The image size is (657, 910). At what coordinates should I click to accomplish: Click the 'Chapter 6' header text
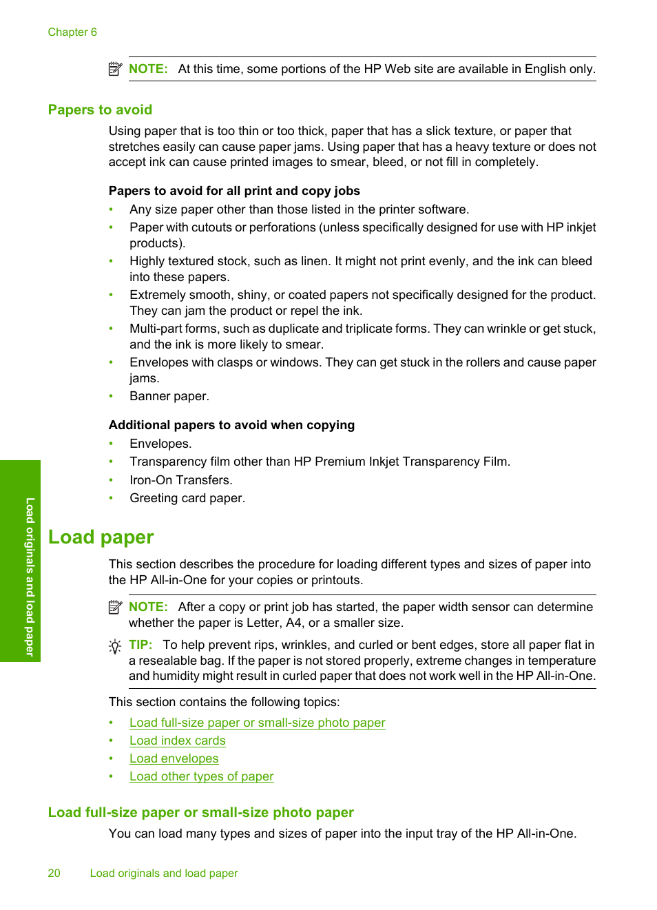[x=72, y=32]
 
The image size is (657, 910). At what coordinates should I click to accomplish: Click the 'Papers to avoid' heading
[x=100, y=110]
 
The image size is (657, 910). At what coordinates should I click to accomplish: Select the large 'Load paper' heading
[x=101, y=537]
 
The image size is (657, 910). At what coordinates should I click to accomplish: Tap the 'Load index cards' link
[x=177, y=741]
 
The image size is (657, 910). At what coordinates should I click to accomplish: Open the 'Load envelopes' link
[x=174, y=758]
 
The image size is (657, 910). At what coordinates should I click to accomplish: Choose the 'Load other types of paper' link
[x=201, y=776]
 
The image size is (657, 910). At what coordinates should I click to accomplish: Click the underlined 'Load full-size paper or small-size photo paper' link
[x=257, y=723]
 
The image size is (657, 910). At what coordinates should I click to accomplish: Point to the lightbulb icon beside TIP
[x=115, y=646]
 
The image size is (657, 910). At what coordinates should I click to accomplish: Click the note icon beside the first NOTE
[x=115, y=69]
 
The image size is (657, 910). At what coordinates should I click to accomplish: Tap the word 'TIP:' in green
[x=140, y=645]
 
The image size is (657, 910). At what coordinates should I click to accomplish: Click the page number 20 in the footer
[x=54, y=873]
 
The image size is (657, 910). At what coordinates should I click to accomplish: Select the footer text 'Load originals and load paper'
[x=164, y=873]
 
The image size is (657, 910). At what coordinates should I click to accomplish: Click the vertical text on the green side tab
[x=30, y=577]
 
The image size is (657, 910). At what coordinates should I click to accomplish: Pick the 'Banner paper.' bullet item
[x=169, y=396]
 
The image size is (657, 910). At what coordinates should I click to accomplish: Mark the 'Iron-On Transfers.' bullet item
[x=180, y=480]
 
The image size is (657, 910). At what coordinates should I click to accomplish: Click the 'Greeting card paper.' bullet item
[x=187, y=498]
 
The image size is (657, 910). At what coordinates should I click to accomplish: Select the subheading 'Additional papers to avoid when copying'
[x=231, y=425]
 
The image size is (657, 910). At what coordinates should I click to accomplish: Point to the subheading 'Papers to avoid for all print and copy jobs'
[x=234, y=191]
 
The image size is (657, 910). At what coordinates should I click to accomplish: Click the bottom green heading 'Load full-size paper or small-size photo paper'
[x=200, y=812]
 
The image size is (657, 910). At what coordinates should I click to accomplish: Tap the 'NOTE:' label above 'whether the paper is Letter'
[x=148, y=607]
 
